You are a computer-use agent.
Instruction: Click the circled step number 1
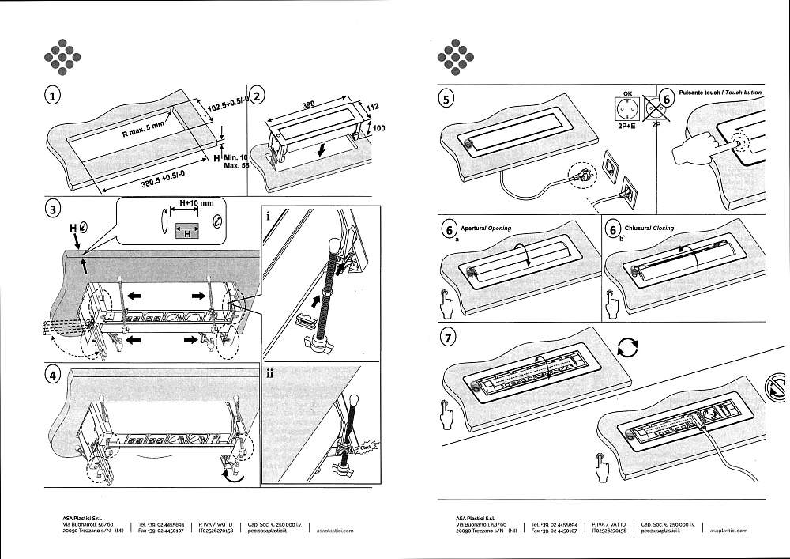53,96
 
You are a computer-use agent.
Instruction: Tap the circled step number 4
53,375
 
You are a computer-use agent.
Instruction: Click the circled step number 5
448,100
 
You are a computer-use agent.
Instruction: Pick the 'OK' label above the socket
628,93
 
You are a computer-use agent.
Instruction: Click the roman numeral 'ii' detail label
270,373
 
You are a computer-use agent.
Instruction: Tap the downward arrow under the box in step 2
319,149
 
